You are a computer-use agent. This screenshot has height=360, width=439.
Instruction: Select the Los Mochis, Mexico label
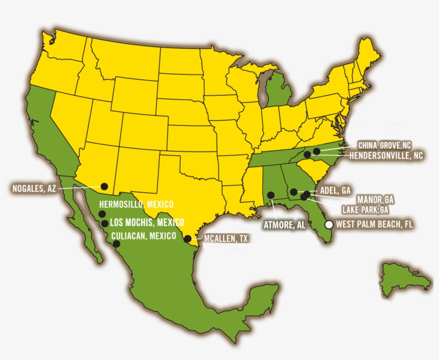pos(147,222)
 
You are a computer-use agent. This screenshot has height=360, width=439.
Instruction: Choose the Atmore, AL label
pos(284,226)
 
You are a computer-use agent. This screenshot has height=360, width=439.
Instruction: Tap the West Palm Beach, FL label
pos(374,224)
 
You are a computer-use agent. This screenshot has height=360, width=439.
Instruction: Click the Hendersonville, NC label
pos(386,156)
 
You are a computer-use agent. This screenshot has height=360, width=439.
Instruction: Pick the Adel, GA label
pos(335,190)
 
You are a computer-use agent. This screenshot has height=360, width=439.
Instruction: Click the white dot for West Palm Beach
pos(329,225)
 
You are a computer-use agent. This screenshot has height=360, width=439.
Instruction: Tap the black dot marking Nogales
pos(104,186)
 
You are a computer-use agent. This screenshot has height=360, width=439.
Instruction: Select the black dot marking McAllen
pos(187,239)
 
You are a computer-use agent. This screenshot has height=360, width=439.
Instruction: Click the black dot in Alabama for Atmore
pos(271,195)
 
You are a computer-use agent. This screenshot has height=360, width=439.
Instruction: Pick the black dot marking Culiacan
pos(116,244)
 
